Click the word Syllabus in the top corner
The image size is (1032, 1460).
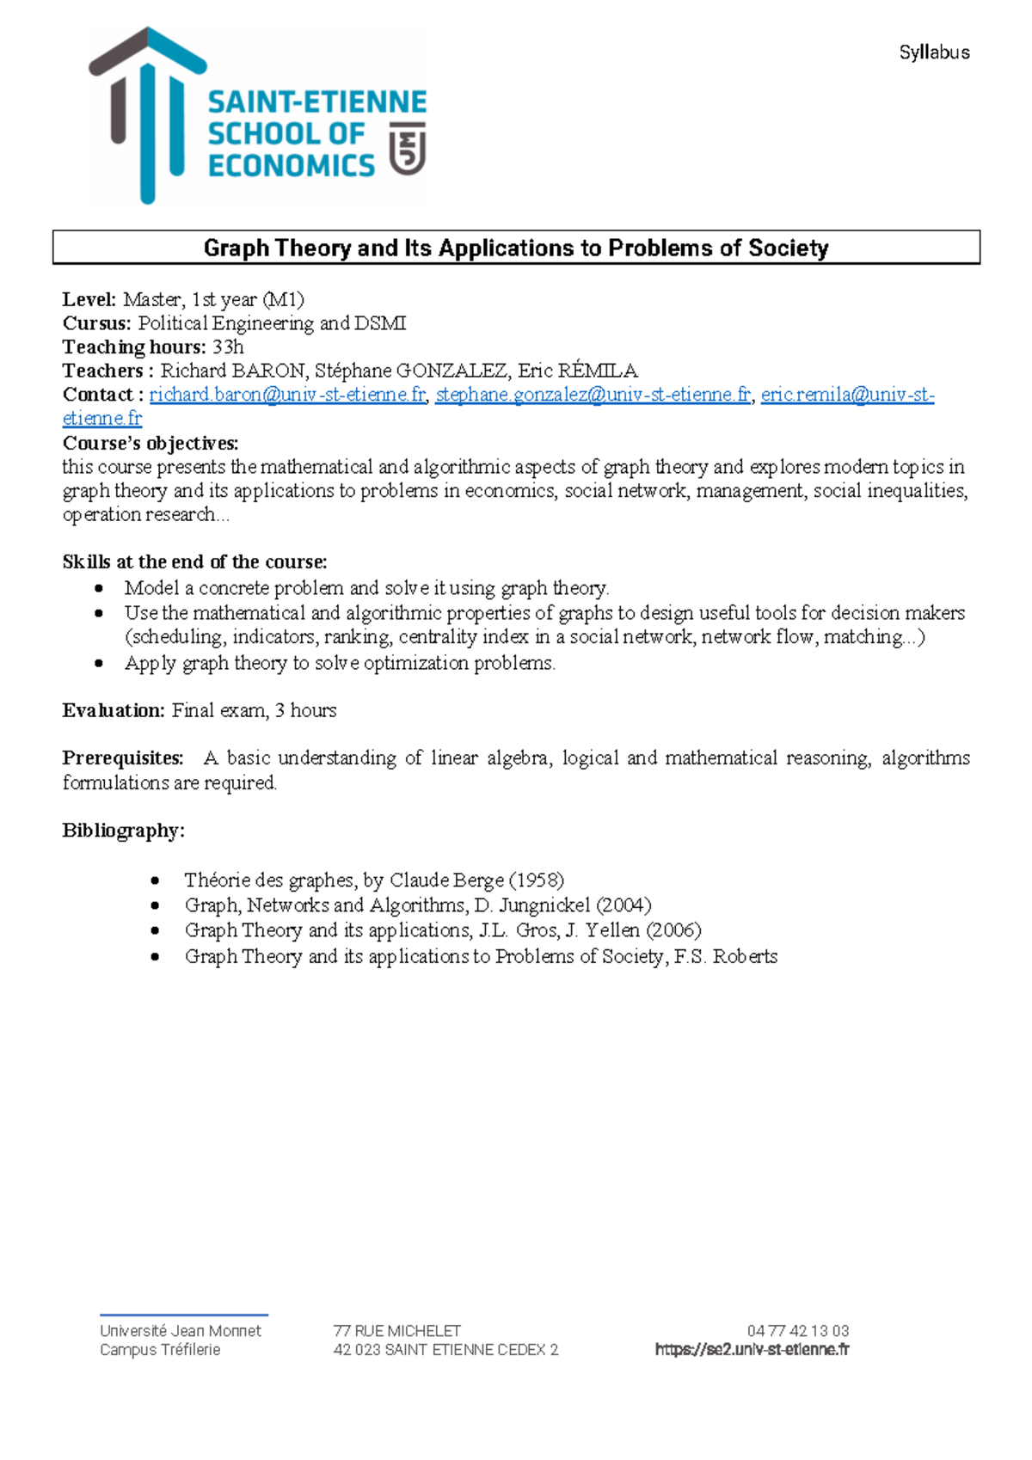pos(934,52)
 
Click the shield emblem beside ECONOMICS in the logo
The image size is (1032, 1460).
pos(408,149)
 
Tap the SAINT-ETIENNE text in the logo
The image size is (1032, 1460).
pos(316,102)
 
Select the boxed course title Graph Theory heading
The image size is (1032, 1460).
pos(516,248)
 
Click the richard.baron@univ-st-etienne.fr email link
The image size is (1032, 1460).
pos(287,395)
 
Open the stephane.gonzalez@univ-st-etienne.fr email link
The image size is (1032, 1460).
pos(593,395)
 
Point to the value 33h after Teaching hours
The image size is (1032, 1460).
pos(228,347)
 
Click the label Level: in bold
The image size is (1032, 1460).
pos(89,299)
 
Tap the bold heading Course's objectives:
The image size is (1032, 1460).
pos(150,443)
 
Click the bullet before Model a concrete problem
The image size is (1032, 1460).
pos(100,589)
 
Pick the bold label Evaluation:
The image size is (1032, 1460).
pos(113,710)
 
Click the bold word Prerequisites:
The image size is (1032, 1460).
pos(122,758)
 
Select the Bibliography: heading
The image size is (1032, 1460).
pos(123,831)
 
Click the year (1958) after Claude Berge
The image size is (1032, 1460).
pos(537,880)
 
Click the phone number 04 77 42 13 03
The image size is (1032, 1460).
pos(797,1330)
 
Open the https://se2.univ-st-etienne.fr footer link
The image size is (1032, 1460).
pos(752,1350)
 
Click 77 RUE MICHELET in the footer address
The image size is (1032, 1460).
pos(396,1330)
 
